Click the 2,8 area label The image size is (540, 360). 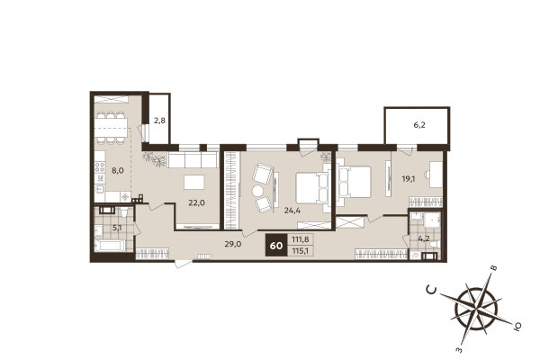[159, 120]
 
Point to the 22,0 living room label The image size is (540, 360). [196, 202]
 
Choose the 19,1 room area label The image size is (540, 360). [408, 178]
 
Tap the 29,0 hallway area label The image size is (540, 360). [232, 244]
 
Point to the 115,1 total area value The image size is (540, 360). [301, 251]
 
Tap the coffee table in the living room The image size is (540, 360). [194, 183]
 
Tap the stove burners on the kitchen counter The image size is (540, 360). [101, 196]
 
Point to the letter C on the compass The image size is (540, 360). [433, 289]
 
